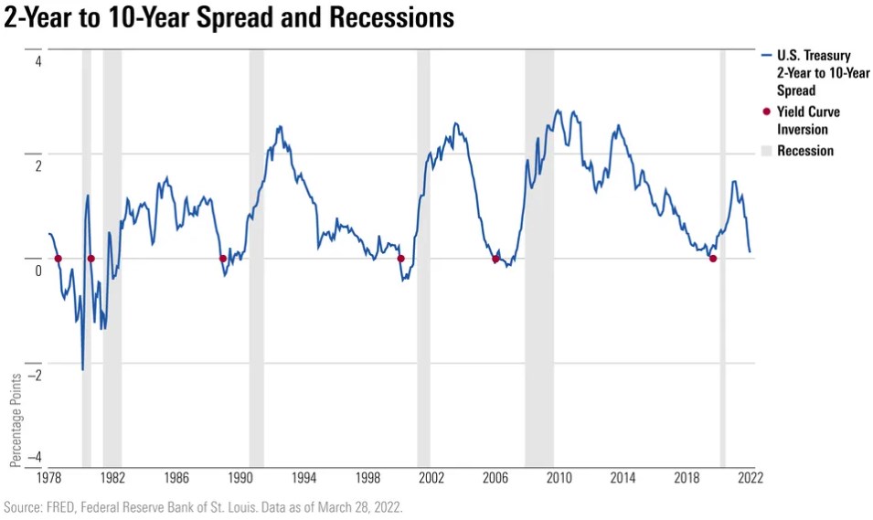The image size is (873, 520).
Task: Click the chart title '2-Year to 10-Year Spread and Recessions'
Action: coord(229,18)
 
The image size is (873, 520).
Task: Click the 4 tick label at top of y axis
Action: coord(38,62)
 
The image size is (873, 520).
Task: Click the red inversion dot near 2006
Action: coord(495,259)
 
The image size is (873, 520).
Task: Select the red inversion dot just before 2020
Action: coord(713,259)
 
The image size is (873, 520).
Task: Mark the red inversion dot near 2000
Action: coord(400,259)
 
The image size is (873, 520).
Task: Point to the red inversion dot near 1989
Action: coord(223,259)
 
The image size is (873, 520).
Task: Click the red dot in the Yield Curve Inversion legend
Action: coord(766,112)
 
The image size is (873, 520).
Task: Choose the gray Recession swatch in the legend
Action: coord(766,151)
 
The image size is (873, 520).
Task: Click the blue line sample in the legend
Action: coord(766,57)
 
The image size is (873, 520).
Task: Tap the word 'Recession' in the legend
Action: coord(805,151)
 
